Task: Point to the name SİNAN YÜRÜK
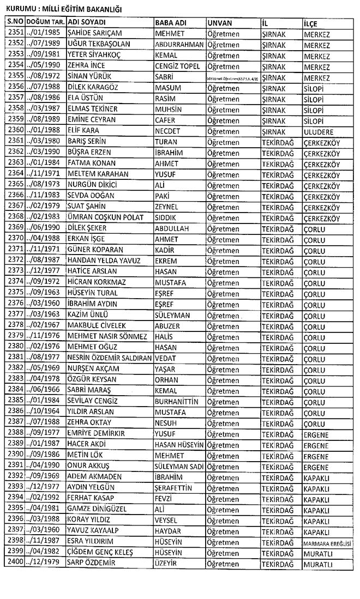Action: (88, 76)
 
